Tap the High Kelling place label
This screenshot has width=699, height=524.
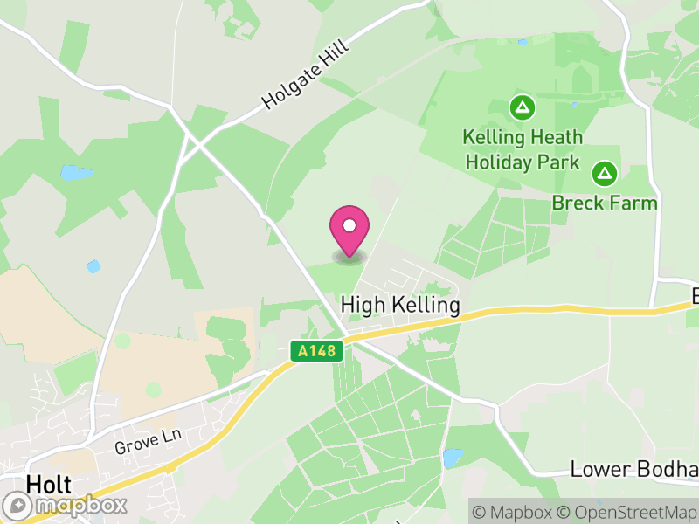coord(400,305)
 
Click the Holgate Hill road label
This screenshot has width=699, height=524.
coord(305,77)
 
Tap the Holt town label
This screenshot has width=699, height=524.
coord(49,484)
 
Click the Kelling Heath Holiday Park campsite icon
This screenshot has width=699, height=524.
coord(523,108)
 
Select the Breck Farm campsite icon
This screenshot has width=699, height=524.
coord(604,173)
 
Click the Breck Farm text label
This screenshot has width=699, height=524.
coord(604,203)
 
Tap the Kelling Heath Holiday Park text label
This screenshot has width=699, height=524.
coord(523,149)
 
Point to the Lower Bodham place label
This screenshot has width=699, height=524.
coord(633,469)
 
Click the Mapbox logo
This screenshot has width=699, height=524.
coord(66,505)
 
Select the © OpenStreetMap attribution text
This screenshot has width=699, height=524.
coord(627,512)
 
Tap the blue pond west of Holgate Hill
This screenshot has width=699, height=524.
coord(77,172)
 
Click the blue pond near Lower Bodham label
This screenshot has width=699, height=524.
coord(452,458)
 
